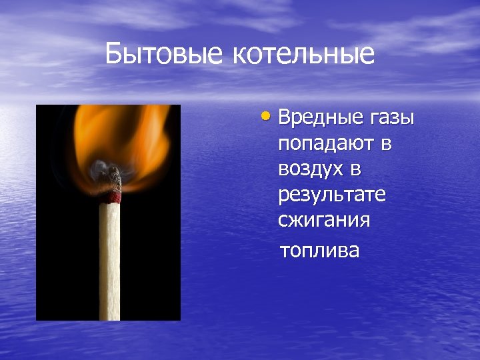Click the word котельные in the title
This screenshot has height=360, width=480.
(303, 54)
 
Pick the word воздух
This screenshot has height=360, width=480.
(312, 169)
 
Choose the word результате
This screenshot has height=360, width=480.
(332, 195)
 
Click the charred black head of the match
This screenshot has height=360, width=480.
(111, 179)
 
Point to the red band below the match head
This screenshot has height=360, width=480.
(111, 198)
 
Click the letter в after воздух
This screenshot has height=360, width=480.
(355, 169)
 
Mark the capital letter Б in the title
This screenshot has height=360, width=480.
(114, 54)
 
